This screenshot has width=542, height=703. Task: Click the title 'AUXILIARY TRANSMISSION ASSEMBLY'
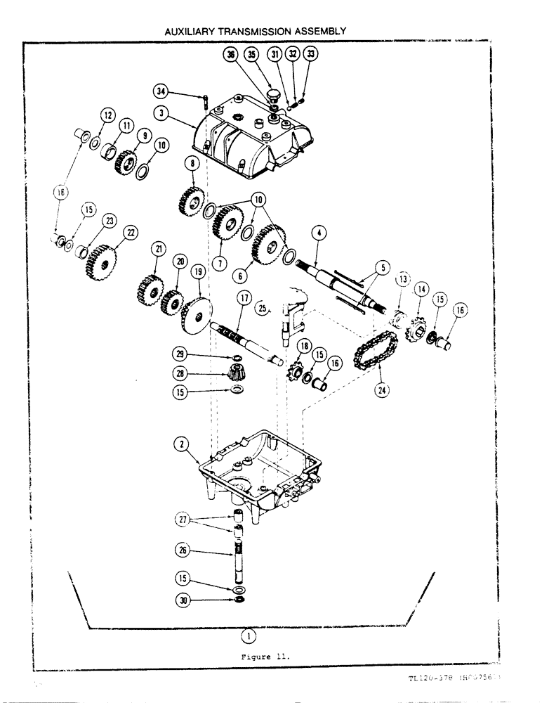coord(255,32)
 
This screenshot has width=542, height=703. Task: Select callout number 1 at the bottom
coord(246,635)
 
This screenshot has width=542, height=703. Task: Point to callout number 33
coord(311,53)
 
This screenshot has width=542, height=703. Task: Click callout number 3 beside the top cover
coord(162,112)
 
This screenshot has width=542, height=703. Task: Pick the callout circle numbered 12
coord(107,115)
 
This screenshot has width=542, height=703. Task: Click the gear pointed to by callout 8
coord(192,199)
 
